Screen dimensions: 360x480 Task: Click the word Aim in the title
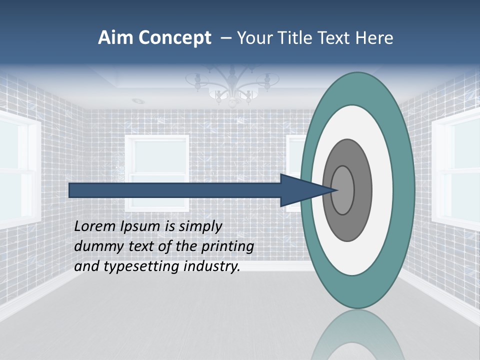tap(115, 38)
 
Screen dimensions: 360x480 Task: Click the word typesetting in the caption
tap(141, 266)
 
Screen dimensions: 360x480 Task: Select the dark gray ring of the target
tap(362, 190)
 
